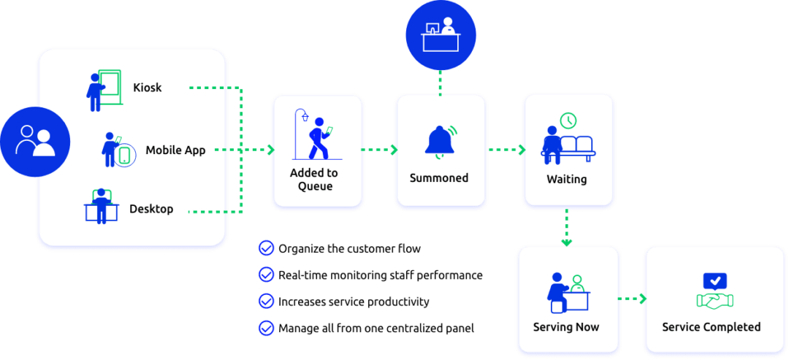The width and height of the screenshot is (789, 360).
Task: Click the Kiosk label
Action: pos(147,88)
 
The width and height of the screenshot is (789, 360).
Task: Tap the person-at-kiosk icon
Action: pos(102,91)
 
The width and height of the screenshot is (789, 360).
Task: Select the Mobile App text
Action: pos(175,150)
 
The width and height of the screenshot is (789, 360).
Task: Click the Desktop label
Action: pos(151,209)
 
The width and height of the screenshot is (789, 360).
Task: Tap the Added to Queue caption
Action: pos(314,180)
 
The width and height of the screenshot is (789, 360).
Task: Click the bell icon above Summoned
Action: pos(441,141)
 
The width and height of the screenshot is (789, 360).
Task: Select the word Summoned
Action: pos(439,178)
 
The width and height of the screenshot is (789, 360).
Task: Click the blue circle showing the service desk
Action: pos(441,34)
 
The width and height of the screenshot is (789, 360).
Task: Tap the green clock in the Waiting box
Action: pos(568,120)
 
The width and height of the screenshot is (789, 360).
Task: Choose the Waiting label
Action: pos(566,180)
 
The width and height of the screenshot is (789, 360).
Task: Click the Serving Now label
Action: pos(566,326)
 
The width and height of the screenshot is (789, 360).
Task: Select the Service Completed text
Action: pos(711,327)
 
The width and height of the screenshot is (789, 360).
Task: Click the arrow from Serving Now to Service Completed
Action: pos(633,299)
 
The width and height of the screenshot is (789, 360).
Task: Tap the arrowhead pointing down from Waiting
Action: pos(567,240)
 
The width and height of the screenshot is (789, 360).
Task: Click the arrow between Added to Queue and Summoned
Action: pos(380,150)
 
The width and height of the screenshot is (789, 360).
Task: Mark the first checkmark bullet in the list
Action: pos(266,249)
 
